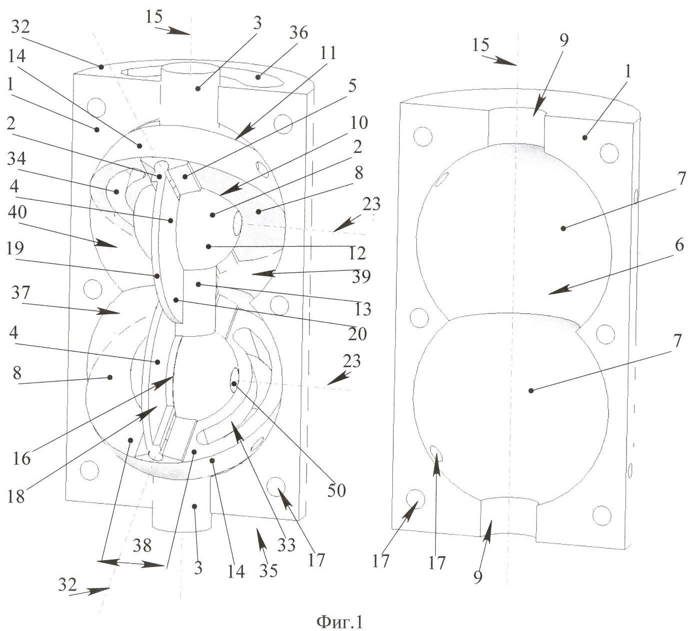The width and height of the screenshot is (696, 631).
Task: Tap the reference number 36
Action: [x=298, y=33]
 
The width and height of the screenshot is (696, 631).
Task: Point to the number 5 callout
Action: [x=352, y=86]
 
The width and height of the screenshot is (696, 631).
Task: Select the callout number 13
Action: [x=364, y=310]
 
